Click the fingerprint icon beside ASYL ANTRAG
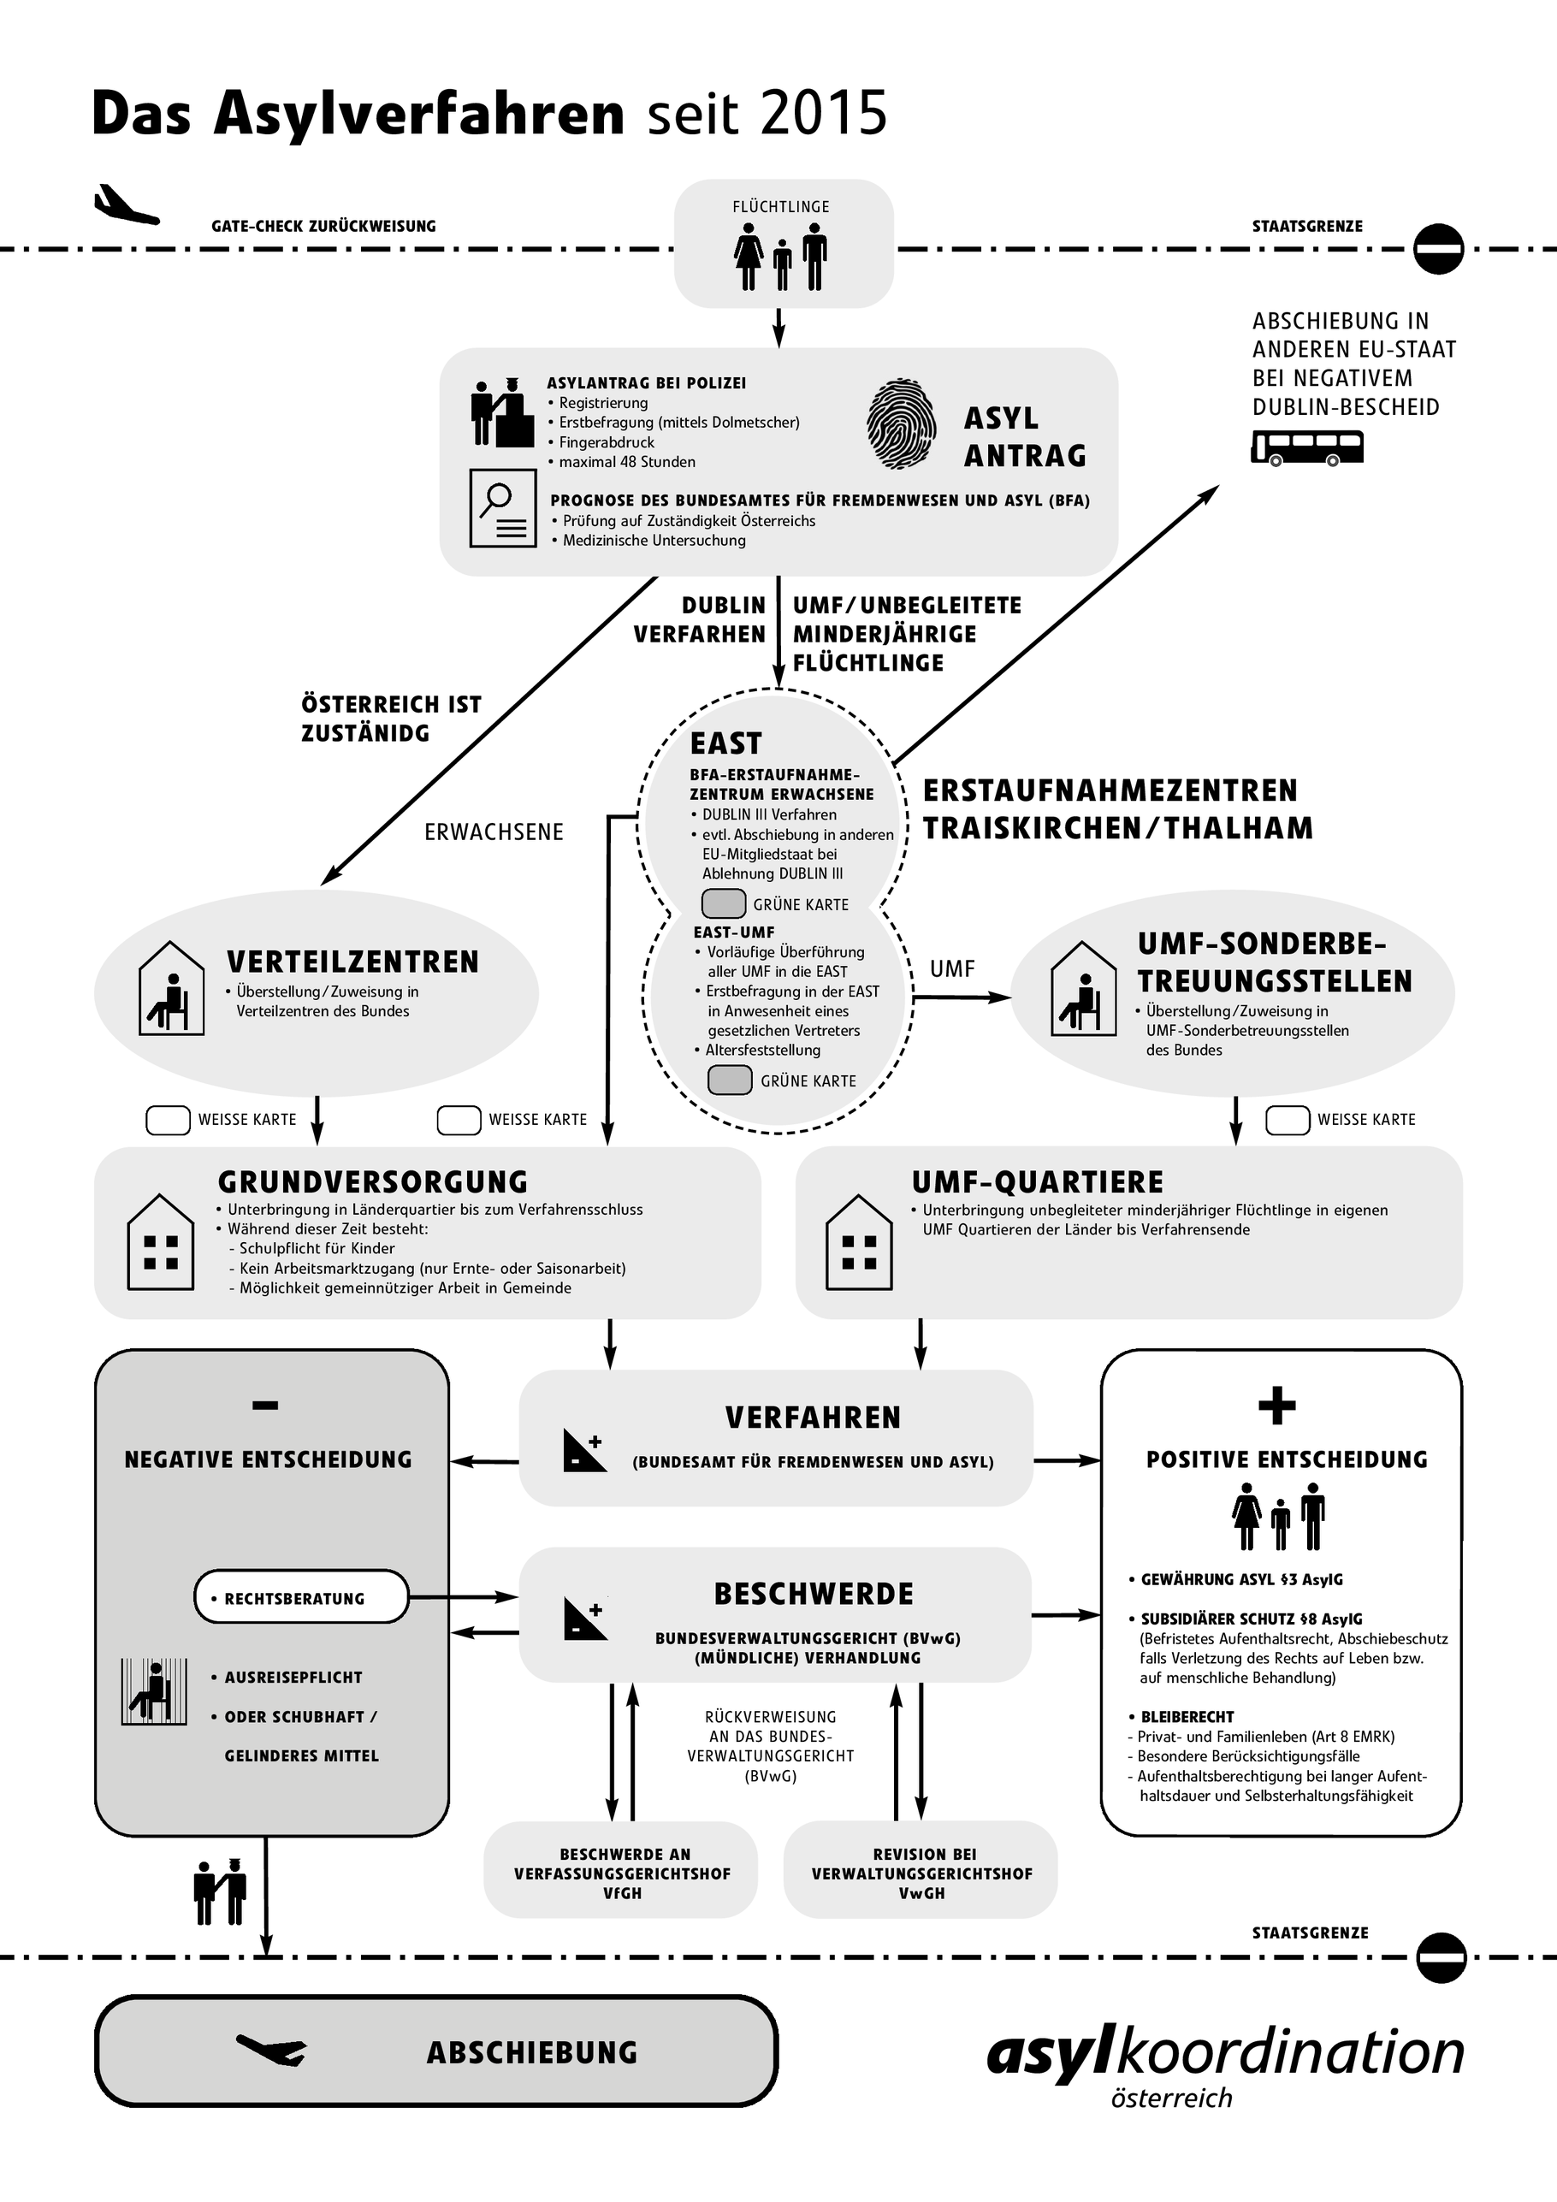[x=902, y=424]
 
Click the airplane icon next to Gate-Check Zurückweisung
[x=125, y=205]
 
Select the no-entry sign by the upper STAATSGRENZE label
[x=1438, y=249]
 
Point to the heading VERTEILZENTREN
[x=352, y=962]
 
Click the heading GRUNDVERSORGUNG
[x=373, y=1181]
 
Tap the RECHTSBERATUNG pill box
[x=301, y=1598]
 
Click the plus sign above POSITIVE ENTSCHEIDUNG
[x=1277, y=1406]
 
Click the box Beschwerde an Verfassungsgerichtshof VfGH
[x=621, y=1873]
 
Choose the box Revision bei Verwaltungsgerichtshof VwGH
[x=921, y=1873]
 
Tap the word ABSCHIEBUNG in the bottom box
[x=532, y=2052]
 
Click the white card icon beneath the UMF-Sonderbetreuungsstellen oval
[x=1288, y=1119]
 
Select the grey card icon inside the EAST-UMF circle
[x=730, y=1080]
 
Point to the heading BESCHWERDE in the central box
[x=814, y=1594]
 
